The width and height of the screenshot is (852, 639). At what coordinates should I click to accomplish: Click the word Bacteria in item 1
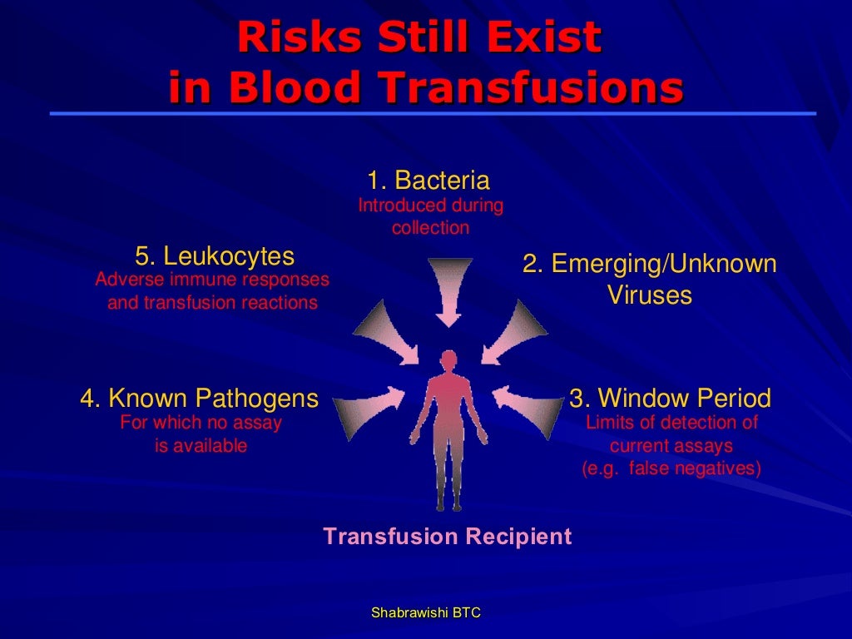(x=442, y=181)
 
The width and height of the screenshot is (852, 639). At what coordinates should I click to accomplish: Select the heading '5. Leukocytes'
(x=215, y=255)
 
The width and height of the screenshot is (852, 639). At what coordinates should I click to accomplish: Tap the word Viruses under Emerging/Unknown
(x=649, y=295)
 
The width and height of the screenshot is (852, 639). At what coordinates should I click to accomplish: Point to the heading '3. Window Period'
(x=670, y=398)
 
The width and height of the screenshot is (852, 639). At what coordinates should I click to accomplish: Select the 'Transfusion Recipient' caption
(x=448, y=536)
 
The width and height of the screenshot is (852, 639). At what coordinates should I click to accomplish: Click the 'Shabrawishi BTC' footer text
(x=426, y=612)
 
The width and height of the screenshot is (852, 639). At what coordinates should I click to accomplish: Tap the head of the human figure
(x=448, y=362)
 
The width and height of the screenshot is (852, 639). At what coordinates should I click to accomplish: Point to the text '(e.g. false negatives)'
(x=671, y=468)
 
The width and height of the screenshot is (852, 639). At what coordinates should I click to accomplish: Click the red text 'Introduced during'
(x=430, y=205)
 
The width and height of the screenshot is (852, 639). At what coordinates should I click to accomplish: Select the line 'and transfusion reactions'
(x=212, y=302)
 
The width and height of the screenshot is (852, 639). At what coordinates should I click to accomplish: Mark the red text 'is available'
(x=201, y=446)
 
